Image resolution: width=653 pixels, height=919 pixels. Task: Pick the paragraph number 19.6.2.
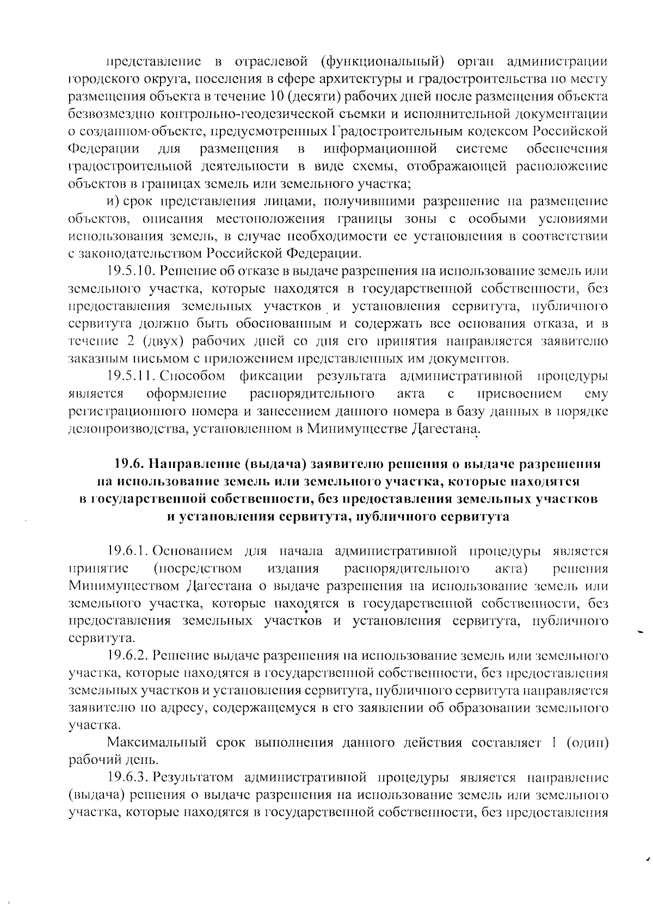[x=128, y=656]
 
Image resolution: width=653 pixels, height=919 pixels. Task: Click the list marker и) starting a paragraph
[x=113, y=201]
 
